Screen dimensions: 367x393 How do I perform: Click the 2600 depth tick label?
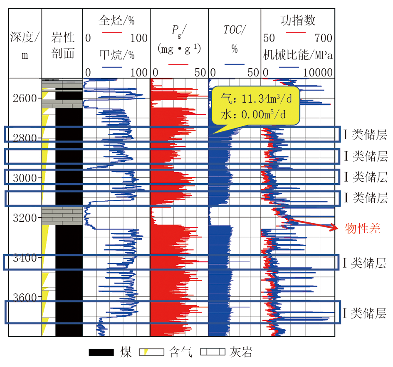click(25, 99)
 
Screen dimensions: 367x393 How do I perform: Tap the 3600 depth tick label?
click(25, 298)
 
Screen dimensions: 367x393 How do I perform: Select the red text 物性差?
click(363, 228)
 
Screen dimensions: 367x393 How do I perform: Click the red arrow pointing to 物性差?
click(312, 223)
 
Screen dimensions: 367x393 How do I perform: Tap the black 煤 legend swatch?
click(101, 352)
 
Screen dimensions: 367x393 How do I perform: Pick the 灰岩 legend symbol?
click(213, 352)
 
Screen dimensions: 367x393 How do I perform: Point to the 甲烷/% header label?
click(117, 55)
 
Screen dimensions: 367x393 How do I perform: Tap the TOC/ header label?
click(235, 30)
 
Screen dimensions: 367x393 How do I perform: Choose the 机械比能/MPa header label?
click(298, 55)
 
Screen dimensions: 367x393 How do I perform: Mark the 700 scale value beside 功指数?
click(323, 38)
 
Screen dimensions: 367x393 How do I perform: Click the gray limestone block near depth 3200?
click(62, 216)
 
